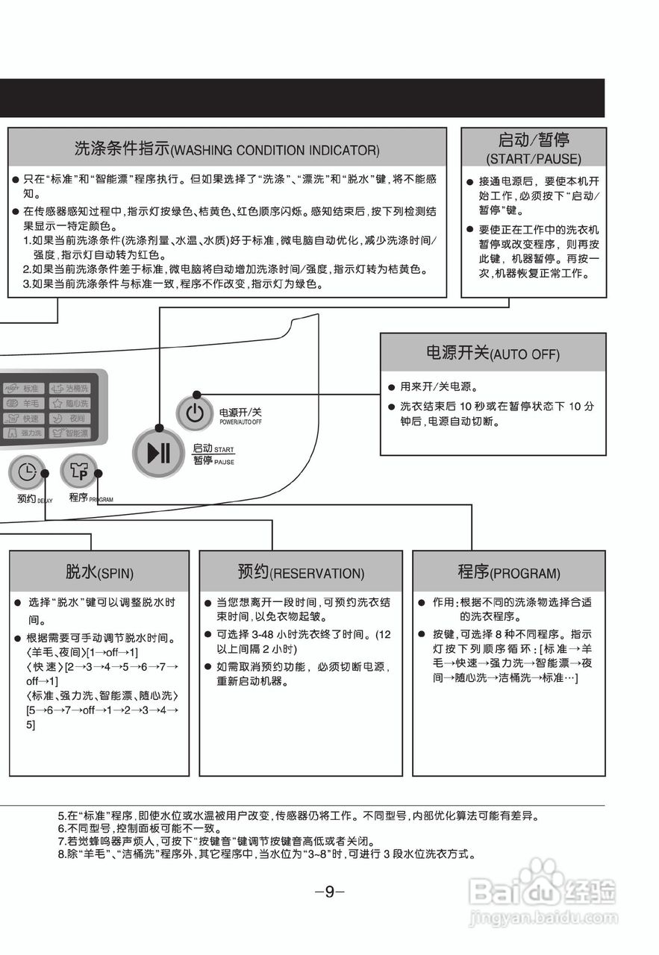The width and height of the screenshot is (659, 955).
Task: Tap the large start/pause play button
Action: [158, 453]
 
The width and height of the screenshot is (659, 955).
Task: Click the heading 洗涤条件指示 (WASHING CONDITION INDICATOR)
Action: [227, 148]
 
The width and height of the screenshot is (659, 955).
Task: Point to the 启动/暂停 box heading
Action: [533, 147]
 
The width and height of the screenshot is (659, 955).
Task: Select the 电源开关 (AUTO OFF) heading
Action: [493, 353]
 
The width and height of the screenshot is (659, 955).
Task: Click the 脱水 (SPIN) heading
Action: [99, 572]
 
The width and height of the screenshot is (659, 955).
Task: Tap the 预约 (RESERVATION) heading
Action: [300, 572]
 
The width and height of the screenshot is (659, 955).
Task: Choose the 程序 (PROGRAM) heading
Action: [508, 572]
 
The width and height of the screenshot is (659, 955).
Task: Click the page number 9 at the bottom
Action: [329, 892]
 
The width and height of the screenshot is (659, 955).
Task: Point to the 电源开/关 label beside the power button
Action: [240, 412]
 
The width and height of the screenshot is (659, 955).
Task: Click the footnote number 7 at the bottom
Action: [62, 841]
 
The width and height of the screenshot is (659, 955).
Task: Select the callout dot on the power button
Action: [196, 394]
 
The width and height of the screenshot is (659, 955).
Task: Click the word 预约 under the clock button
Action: [27, 498]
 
